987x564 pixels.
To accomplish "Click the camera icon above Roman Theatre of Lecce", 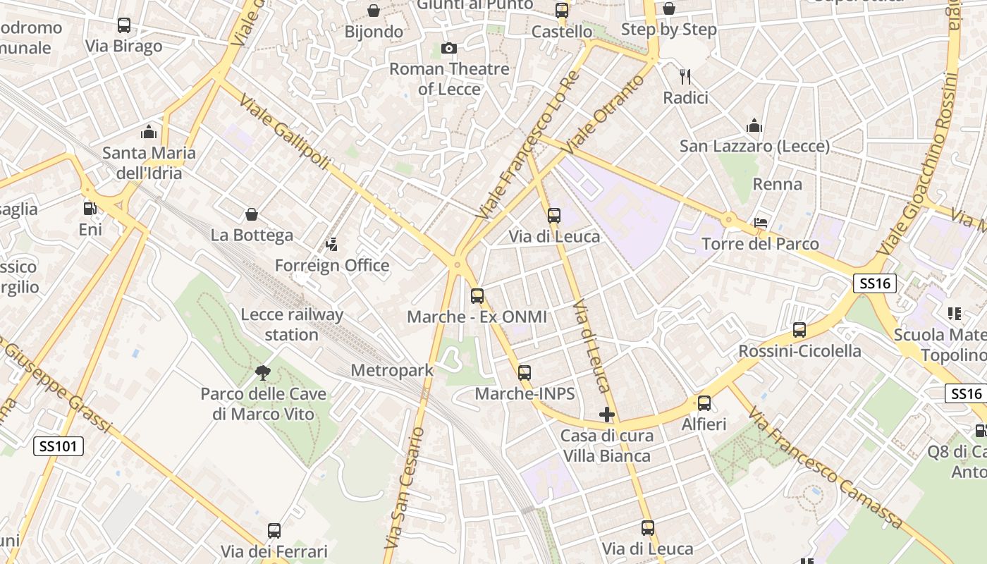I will [448, 49].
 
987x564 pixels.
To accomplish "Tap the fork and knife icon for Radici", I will [685, 76].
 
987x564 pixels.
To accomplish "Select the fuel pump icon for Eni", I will [90, 209].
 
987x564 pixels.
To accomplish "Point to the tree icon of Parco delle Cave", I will [263, 373].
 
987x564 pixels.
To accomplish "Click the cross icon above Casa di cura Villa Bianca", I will [606, 415].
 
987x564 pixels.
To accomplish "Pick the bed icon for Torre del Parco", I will [761, 223].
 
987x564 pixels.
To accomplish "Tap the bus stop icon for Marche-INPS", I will [525, 373].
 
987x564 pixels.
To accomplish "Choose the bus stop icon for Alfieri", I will [704, 403].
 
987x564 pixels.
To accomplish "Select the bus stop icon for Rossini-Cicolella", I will [799, 329].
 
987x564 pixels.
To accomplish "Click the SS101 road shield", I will [59, 446].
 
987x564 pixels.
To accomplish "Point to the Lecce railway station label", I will [292, 324].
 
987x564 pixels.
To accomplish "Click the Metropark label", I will [392, 370].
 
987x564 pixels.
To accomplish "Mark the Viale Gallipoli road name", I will [284, 131].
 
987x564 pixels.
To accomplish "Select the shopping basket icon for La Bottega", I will [251, 214].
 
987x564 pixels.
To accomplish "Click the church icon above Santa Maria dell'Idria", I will [148, 132].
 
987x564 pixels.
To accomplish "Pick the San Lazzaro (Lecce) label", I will [754, 146].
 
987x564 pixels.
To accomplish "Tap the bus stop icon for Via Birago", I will [124, 25].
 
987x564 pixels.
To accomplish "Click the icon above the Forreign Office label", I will [331, 245].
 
